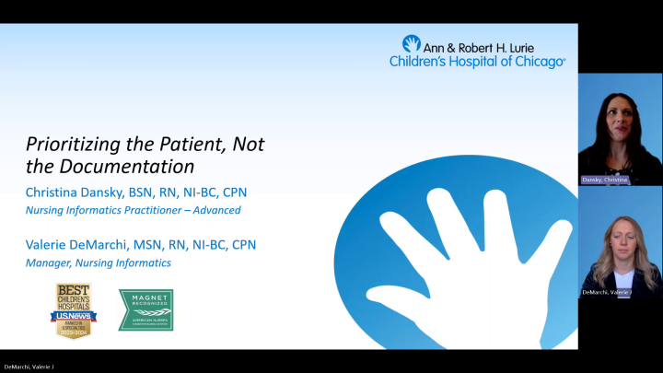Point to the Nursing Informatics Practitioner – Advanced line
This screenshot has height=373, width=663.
[x=134, y=210]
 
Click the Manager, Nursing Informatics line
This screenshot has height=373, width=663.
[x=98, y=262]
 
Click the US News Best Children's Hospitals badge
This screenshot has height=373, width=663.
[x=76, y=309]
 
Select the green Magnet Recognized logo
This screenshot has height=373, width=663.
[x=145, y=310]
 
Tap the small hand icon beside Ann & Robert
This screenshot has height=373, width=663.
[x=411, y=44]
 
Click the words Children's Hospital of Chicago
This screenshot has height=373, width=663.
[x=477, y=61]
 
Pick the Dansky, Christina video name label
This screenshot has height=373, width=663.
[x=604, y=180]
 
